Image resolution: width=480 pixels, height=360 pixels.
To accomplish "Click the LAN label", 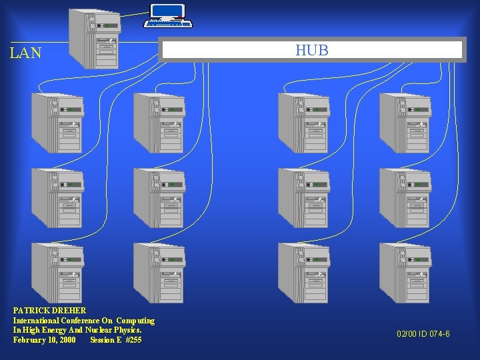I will coord(26,53).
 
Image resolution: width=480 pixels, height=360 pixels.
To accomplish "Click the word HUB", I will coord(312,50).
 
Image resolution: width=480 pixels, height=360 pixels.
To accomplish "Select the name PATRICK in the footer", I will coord(30,311).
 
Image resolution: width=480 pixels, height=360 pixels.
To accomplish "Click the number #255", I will coord(133,340).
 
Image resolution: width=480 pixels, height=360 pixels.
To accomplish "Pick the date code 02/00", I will coord(407,333).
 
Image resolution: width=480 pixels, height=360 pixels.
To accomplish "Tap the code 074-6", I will coord(439,333).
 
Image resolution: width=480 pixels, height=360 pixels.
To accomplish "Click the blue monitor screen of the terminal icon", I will coord(167,11).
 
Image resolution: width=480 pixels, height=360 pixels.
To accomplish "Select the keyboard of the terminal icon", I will coord(169,24).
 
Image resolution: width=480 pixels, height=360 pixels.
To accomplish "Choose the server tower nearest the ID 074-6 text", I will coord(404,273).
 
